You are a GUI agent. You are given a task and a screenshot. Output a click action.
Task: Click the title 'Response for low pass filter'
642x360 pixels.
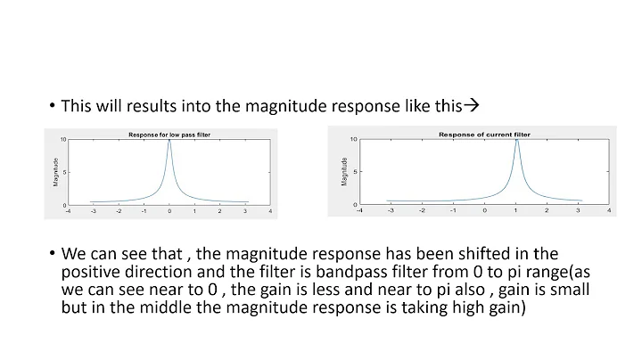(169, 134)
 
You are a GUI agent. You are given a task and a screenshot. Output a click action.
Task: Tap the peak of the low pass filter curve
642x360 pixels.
(169, 141)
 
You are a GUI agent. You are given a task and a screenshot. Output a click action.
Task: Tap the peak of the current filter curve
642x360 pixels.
(516, 141)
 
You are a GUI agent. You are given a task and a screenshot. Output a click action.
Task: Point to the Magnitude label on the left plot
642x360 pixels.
(56, 172)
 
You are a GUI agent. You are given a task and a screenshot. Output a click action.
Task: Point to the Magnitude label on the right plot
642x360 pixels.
(343, 172)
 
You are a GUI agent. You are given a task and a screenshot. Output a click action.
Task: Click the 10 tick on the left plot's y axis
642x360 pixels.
(63, 140)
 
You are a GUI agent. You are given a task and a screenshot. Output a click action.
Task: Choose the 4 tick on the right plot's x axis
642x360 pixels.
(609, 212)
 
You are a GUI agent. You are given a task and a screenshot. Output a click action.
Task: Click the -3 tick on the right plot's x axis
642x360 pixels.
(389, 212)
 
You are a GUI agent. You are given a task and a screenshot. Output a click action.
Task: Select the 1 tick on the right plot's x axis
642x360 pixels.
(515, 212)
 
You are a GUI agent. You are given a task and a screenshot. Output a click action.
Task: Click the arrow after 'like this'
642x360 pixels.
(473, 105)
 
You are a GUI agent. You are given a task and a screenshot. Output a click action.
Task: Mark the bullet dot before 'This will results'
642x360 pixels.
(52, 106)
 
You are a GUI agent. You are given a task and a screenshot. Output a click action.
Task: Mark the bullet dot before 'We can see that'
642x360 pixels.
(52, 255)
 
